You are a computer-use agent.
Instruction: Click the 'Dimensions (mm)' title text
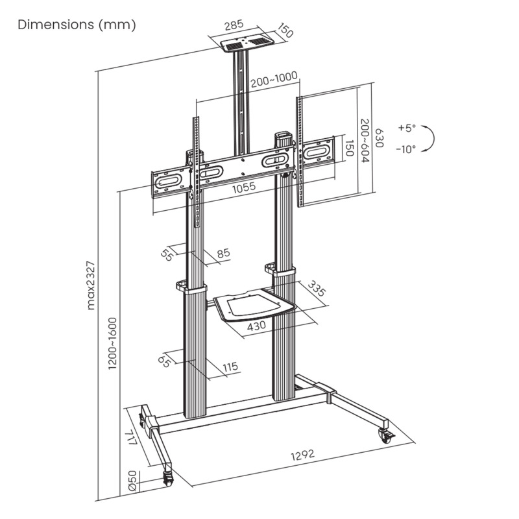(77, 25)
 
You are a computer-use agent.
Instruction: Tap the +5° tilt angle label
(407, 128)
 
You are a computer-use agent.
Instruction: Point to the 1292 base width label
(302, 454)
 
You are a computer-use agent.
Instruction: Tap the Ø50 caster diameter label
(132, 481)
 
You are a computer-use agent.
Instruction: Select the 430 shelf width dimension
(258, 326)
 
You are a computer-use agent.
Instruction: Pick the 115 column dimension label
(230, 368)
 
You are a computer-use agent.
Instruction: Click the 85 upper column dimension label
(224, 254)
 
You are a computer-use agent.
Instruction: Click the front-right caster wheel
(385, 436)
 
